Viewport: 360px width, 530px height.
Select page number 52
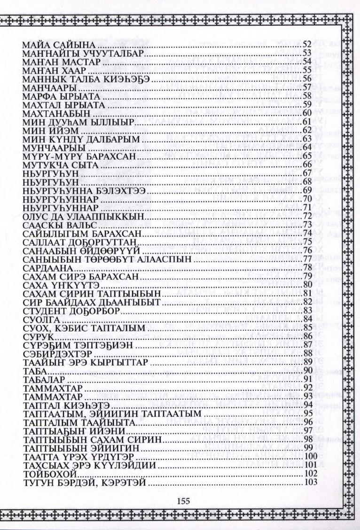[308, 45]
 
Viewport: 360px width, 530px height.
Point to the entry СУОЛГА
[39, 320]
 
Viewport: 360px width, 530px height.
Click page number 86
[308, 337]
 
